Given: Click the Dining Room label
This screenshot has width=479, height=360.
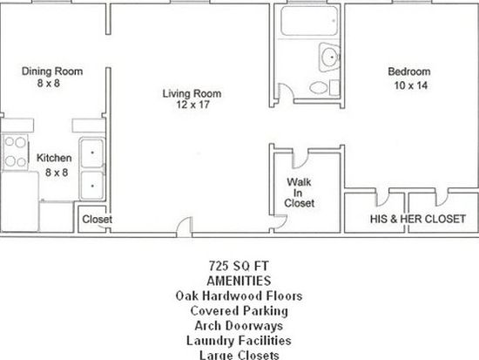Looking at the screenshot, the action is pyautogui.click(x=52, y=71).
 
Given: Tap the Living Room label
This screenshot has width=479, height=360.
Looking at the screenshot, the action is pyautogui.click(x=192, y=93).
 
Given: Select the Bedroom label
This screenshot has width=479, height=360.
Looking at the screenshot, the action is pyautogui.click(x=409, y=71).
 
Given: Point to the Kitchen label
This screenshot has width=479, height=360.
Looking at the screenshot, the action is pyautogui.click(x=54, y=158).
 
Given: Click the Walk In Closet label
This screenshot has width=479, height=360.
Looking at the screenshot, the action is pyautogui.click(x=300, y=193).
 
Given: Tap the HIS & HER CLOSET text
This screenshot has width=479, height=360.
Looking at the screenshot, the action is pyautogui.click(x=418, y=219).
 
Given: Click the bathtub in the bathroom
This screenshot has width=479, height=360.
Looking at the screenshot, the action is pyautogui.click(x=309, y=21).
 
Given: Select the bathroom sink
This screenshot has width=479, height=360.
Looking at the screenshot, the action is pyautogui.click(x=329, y=58).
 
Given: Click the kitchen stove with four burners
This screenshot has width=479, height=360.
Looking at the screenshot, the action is pyautogui.click(x=16, y=152).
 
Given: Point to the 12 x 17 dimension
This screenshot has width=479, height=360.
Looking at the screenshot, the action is pyautogui.click(x=192, y=105).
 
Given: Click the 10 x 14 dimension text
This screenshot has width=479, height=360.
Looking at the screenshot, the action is pyautogui.click(x=411, y=85).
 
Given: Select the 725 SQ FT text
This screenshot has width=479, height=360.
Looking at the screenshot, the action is pyautogui.click(x=239, y=266).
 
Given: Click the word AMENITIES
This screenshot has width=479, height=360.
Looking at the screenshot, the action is pyautogui.click(x=239, y=281).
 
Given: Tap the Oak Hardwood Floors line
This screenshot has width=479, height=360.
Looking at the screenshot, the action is pyautogui.click(x=239, y=295).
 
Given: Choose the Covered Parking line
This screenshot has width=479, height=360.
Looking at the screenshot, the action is pyautogui.click(x=239, y=311).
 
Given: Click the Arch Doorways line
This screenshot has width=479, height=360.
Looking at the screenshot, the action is pyautogui.click(x=239, y=325).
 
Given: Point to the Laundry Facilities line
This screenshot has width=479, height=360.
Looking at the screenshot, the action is pyautogui.click(x=239, y=341).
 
